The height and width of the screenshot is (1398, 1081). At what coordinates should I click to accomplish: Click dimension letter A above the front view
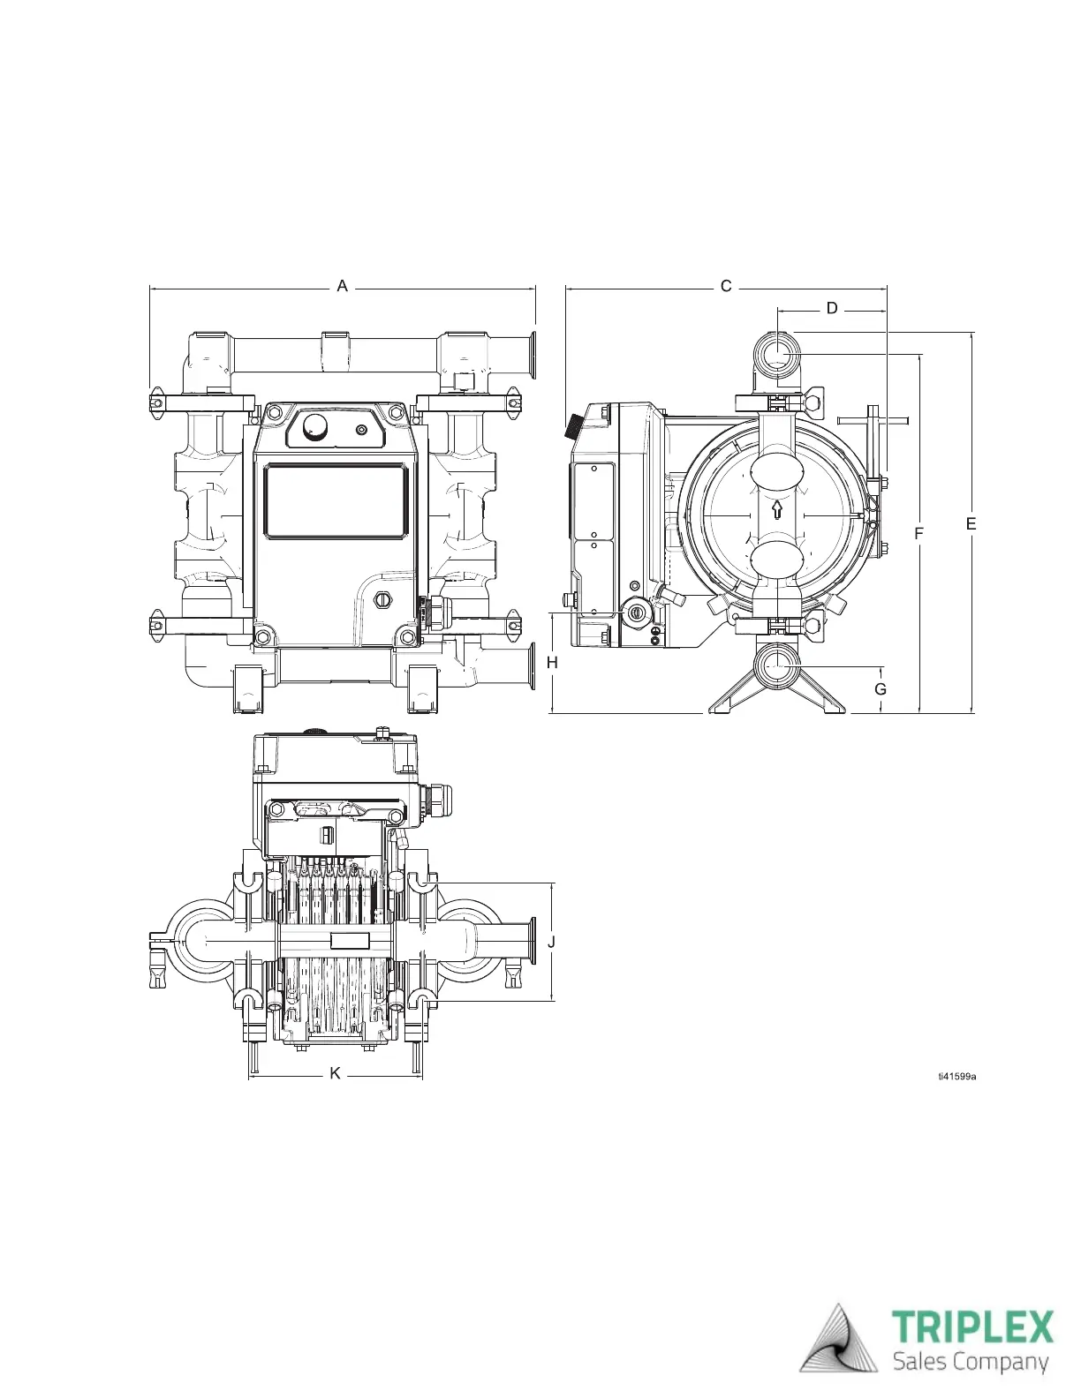(343, 286)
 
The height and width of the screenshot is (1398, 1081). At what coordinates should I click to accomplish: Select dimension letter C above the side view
(726, 286)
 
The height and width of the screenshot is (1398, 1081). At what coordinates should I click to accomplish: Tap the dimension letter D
(832, 309)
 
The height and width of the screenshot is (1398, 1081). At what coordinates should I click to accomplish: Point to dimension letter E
(971, 524)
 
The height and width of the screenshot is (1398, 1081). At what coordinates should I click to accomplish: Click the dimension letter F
(919, 534)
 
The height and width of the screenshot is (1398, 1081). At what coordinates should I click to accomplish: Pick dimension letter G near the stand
(881, 689)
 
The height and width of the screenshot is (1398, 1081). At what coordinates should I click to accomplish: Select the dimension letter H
(553, 663)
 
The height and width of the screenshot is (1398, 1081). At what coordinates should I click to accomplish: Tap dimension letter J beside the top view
(552, 942)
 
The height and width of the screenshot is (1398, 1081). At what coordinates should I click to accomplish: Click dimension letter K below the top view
(336, 1073)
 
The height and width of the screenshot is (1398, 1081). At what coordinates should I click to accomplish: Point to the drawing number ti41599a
(957, 1076)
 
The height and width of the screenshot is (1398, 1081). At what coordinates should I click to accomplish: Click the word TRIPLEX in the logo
(972, 1327)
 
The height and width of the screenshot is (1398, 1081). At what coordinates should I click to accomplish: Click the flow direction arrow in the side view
(777, 510)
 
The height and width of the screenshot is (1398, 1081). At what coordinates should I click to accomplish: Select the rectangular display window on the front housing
(336, 500)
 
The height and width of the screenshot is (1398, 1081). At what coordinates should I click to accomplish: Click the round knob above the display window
(315, 428)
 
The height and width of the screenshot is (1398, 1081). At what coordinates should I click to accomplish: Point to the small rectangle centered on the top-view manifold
(349, 941)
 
